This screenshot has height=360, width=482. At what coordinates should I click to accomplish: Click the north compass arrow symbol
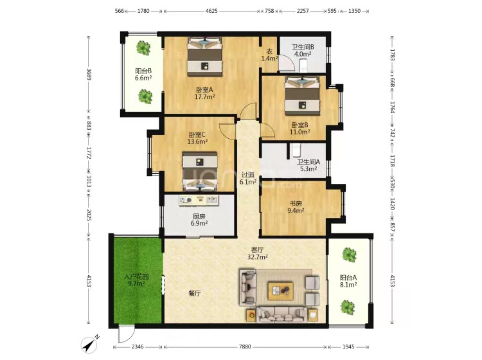[x=89, y=345]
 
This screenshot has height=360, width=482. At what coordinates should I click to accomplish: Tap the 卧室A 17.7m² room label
[x=204, y=93]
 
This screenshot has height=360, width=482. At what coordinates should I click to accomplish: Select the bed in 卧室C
[x=200, y=172]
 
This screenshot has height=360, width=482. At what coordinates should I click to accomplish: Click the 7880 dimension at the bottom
[x=245, y=346]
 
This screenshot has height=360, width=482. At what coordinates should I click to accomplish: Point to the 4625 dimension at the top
[x=211, y=11]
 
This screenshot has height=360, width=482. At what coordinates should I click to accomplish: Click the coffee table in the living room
[x=280, y=291]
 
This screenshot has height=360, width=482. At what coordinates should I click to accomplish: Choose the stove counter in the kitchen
[x=199, y=201]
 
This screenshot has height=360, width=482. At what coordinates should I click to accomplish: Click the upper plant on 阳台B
[x=143, y=48]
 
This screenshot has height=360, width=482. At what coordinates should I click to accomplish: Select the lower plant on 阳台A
[x=348, y=307]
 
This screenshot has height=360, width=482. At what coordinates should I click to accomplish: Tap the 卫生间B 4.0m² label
[x=303, y=50]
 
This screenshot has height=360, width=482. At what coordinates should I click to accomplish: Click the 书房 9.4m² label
[x=296, y=207]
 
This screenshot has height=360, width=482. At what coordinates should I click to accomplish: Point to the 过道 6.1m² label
[x=248, y=178]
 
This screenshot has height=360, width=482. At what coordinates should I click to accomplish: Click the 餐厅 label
[x=195, y=293]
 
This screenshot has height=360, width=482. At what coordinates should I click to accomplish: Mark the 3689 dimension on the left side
[x=89, y=74]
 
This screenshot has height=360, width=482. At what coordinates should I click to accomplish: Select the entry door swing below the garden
[x=126, y=334]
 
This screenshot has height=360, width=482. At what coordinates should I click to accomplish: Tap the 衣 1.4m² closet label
[x=269, y=55]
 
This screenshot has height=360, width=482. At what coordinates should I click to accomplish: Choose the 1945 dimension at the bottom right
[x=348, y=346]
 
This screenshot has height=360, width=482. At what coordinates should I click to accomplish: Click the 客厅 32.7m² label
[x=257, y=253]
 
